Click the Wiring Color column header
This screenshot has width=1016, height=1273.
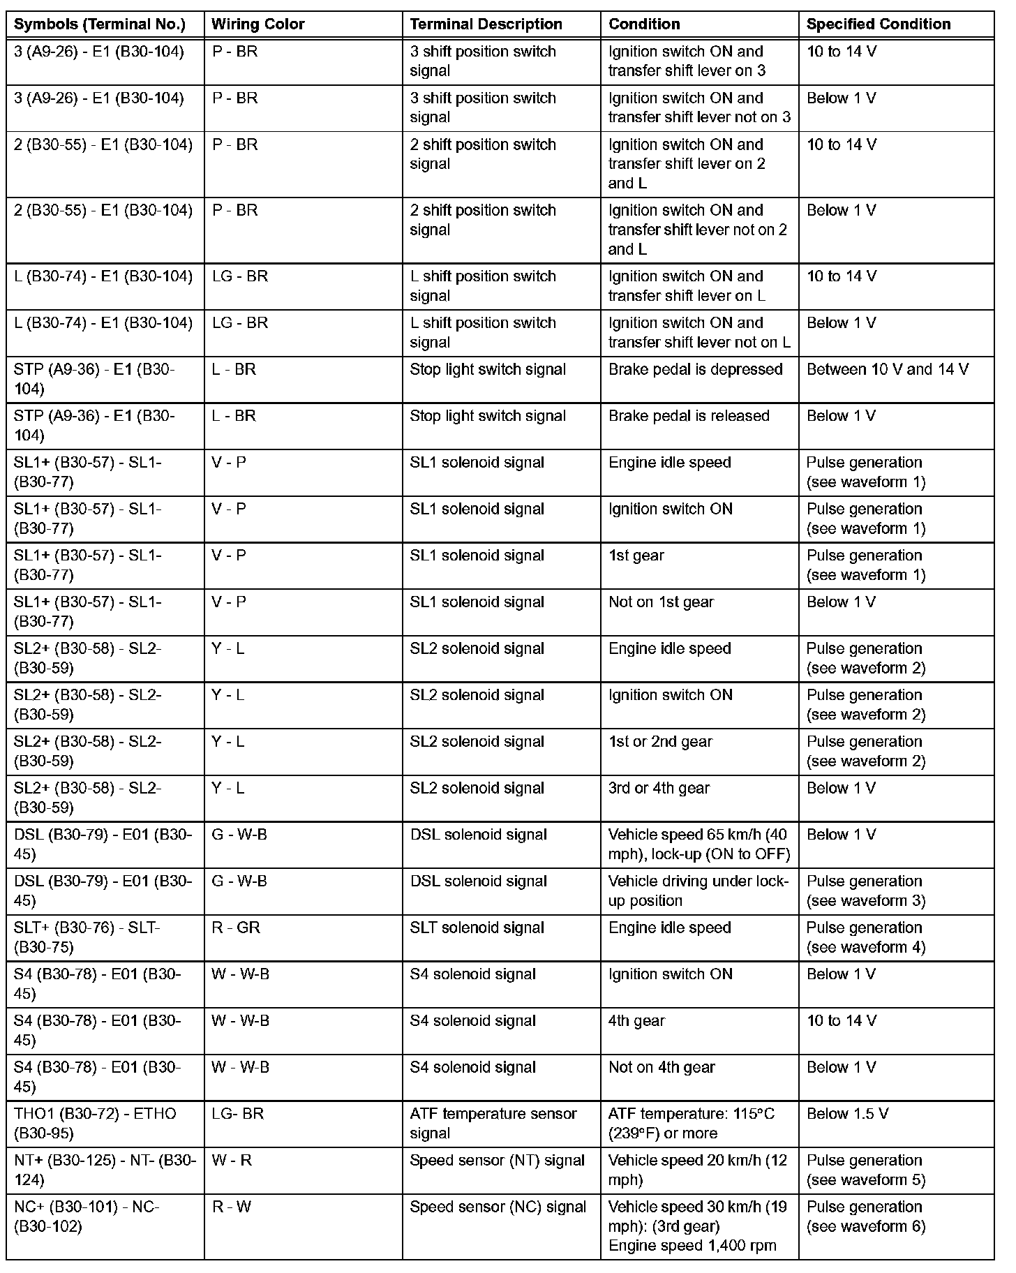258,24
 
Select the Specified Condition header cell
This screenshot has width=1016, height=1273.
879,24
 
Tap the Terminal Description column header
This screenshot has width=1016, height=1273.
486,24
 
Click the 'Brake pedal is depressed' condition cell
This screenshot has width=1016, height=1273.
695,369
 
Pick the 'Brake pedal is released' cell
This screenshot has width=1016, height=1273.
689,416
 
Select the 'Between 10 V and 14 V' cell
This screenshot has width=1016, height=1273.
888,369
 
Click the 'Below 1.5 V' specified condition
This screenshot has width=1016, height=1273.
847,1114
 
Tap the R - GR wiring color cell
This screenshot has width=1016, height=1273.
236,928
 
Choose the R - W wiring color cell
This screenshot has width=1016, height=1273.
232,1207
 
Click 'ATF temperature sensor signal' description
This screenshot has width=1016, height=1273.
493,1123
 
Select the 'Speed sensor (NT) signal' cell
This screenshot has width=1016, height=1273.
497,1161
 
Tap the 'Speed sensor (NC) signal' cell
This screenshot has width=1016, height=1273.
498,1207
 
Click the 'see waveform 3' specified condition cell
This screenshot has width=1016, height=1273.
865,891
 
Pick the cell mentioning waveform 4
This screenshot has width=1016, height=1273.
865,937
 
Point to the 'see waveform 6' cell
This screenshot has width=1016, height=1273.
865,1216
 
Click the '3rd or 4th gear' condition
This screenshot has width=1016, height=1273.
659,788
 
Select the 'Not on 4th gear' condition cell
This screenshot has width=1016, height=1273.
662,1067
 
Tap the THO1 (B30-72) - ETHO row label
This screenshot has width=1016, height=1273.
95,1123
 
